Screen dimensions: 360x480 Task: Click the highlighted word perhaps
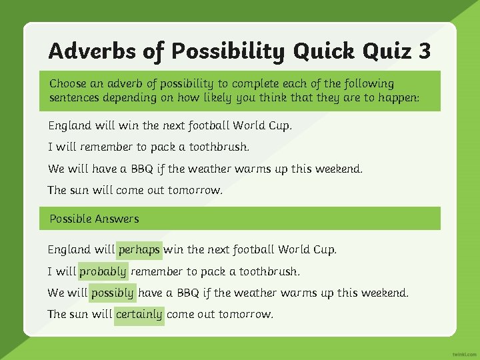139,250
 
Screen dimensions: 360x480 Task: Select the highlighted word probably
103,271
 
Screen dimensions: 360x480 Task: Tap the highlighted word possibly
113,293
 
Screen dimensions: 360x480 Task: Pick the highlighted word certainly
139,314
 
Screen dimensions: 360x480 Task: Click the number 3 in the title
424,51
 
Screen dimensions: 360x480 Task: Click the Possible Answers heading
94,219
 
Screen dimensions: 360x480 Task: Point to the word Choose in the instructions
68,84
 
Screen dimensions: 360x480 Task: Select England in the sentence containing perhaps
69,250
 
